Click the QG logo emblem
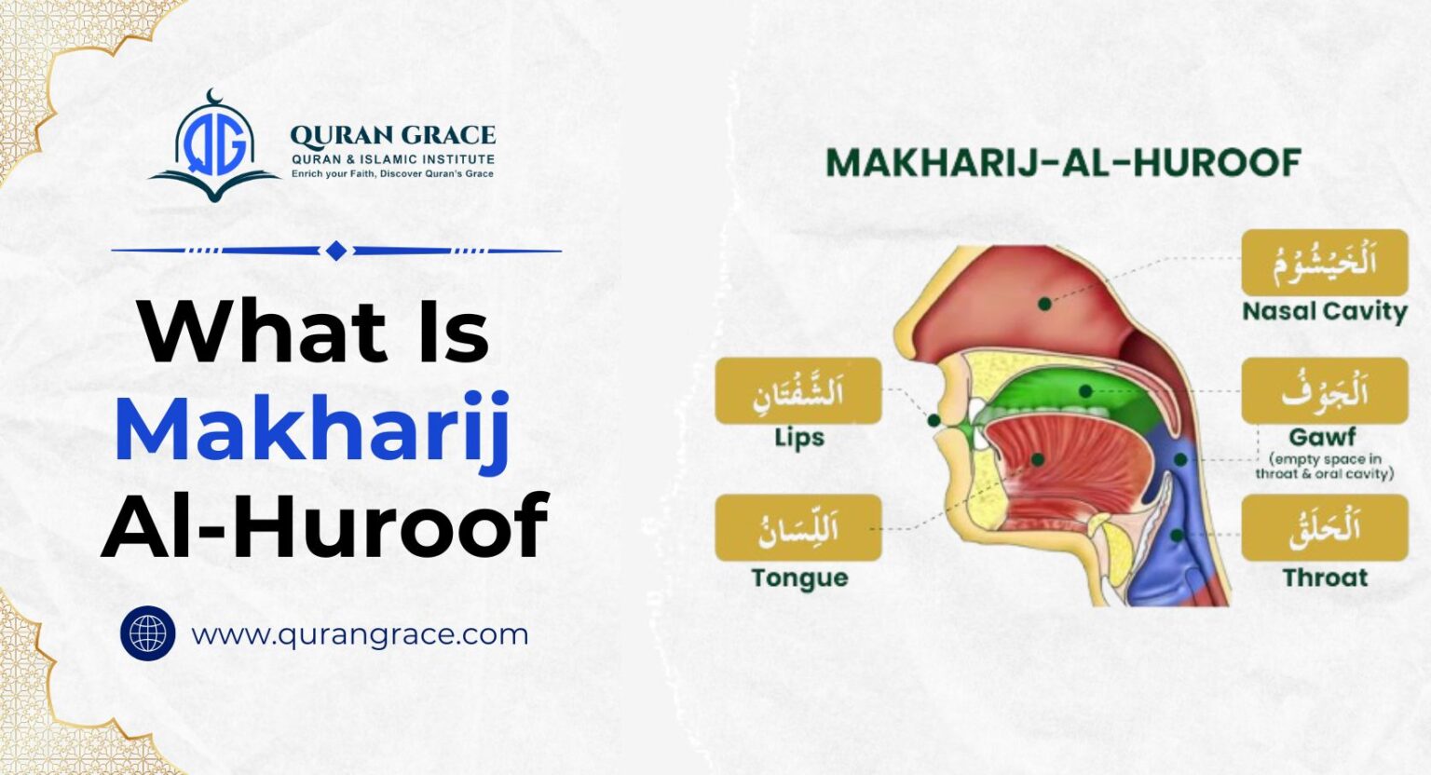[x=214, y=146]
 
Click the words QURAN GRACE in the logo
[x=392, y=136]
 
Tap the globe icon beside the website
[x=147, y=633]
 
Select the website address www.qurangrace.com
[x=360, y=634]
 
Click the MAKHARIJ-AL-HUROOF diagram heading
[x=1063, y=163]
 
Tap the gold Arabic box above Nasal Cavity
[x=1324, y=262]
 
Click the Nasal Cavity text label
[x=1324, y=311]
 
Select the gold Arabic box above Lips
[x=798, y=391]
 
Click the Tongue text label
[x=799, y=578]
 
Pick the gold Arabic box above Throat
[x=1324, y=528]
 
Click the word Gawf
[x=1322, y=436]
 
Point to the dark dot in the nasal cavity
[x=1045, y=304]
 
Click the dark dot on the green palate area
[x=1086, y=391]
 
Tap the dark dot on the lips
[x=934, y=421]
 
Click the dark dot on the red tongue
[x=1038, y=459]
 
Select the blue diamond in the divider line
[x=336, y=251]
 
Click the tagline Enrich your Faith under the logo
[x=392, y=174]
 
